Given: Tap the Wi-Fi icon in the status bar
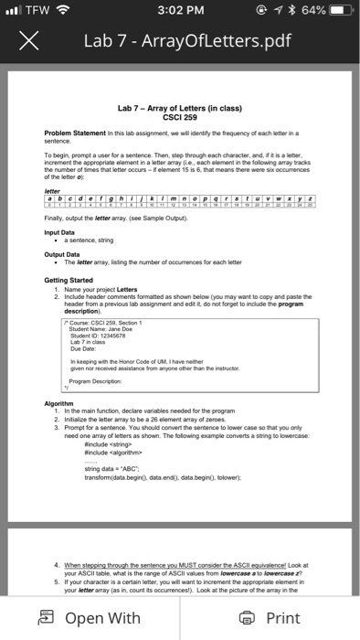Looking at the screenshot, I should pos(64,12).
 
